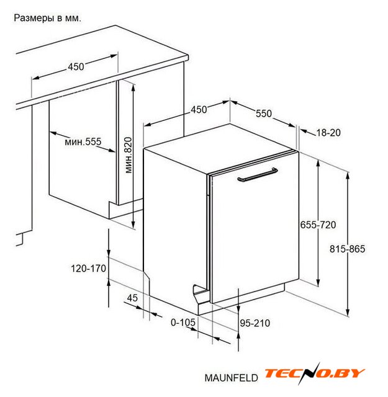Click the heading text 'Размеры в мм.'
[x=48, y=18]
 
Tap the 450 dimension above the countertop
[x=76, y=67]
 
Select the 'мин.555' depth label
[x=83, y=141]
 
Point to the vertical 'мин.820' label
[x=129, y=155]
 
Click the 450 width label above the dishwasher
[x=199, y=110]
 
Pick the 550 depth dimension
[x=264, y=114]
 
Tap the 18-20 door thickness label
[x=328, y=133]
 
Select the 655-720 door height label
[x=318, y=225]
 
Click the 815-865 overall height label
[x=347, y=249]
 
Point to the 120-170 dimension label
[x=88, y=269]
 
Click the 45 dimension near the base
[x=132, y=298]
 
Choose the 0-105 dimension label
[x=183, y=323]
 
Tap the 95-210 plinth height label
[x=255, y=323]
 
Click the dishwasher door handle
[x=258, y=175]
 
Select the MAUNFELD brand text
[x=231, y=378]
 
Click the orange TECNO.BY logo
[x=314, y=373]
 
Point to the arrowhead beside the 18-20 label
[x=304, y=131]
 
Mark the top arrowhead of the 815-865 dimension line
[x=348, y=176]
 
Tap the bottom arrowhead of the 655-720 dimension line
[x=318, y=282]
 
